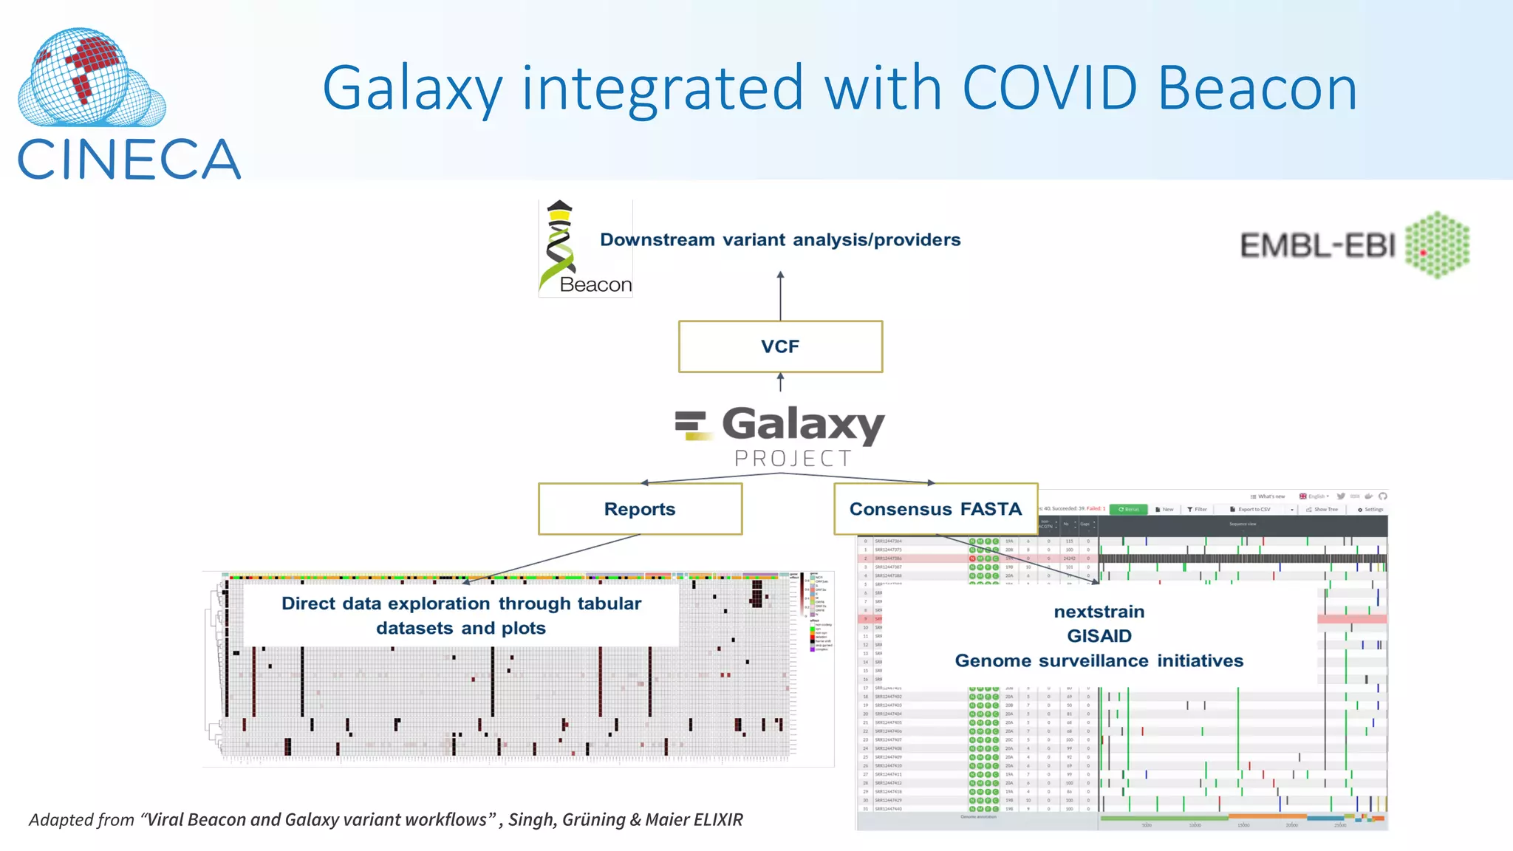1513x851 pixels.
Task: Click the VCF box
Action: click(x=780, y=346)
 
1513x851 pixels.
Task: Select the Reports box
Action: click(x=640, y=509)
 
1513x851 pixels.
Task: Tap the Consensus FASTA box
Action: click(x=935, y=509)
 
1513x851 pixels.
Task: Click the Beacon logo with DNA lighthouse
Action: click(x=584, y=249)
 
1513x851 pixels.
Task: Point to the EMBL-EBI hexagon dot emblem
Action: click(x=1437, y=245)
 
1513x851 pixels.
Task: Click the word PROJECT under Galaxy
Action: click(x=793, y=459)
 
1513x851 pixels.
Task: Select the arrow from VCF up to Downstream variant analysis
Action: click(x=780, y=295)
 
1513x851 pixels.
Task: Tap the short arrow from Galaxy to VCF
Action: click(x=780, y=382)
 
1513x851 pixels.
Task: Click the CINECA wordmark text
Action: click(x=129, y=160)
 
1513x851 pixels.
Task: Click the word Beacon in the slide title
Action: click(x=1257, y=88)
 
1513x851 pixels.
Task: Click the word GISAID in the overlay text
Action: click(x=1099, y=636)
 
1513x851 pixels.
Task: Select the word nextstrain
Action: click(x=1099, y=612)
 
